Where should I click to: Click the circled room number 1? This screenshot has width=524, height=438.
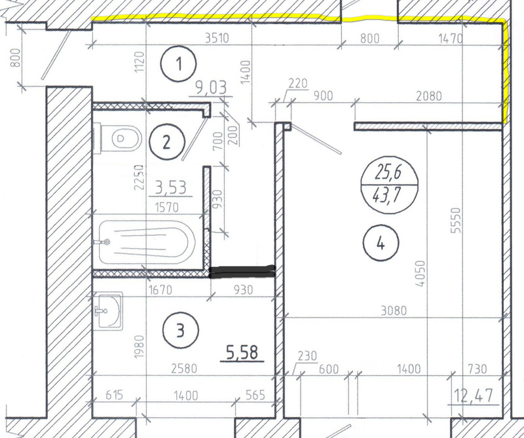178,64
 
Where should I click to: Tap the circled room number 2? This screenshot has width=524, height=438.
167,142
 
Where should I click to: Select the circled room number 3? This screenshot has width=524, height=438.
181,331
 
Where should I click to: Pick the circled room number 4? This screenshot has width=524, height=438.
381,243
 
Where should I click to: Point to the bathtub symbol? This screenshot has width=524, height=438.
147,242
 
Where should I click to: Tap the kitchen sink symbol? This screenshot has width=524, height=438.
107,311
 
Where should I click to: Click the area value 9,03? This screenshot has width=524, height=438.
211,87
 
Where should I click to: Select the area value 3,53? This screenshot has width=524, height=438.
171,188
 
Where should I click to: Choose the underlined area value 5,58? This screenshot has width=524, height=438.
242,352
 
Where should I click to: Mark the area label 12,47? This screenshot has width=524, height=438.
474,396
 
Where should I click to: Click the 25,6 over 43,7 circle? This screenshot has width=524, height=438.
389,185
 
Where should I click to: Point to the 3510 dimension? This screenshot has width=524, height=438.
217,38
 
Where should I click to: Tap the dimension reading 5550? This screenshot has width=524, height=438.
455,221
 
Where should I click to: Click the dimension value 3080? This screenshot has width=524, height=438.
394,311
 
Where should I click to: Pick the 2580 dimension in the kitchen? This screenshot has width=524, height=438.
184,368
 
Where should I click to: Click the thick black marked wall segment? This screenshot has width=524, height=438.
242,272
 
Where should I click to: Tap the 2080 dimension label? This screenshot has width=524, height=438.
429,96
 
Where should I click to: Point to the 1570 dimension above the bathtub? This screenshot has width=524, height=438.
167,208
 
